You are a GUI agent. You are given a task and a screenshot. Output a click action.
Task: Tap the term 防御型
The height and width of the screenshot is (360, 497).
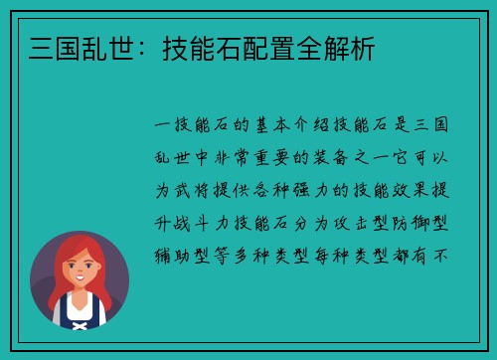click(x=430, y=220)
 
